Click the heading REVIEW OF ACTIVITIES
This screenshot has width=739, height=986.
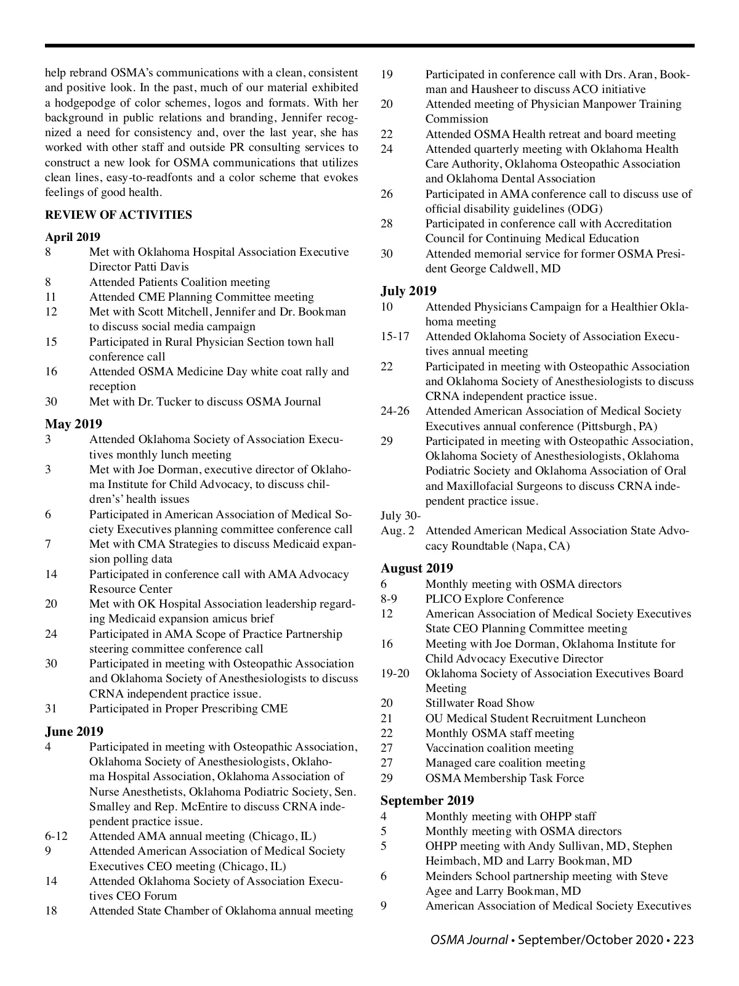tap(118, 215)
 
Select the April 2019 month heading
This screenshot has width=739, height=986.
tap(73, 237)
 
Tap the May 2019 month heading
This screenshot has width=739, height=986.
tap(73, 424)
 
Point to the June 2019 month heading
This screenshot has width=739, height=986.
tap(74, 731)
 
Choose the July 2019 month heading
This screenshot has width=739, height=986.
tap(408, 291)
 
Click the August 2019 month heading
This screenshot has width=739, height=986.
tap(417, 568)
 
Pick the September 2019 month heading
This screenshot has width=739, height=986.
tap(427, 801)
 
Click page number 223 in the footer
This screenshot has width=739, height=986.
tap(683, 940)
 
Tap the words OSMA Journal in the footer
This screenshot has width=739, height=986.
tap(469, 940)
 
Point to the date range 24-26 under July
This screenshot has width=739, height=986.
tap(395, 411)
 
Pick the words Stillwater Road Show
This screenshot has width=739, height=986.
tap(480, 703)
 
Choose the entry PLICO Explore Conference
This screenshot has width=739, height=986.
tap(495, 599)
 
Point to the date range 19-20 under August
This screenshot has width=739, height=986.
tap(395, 674)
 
